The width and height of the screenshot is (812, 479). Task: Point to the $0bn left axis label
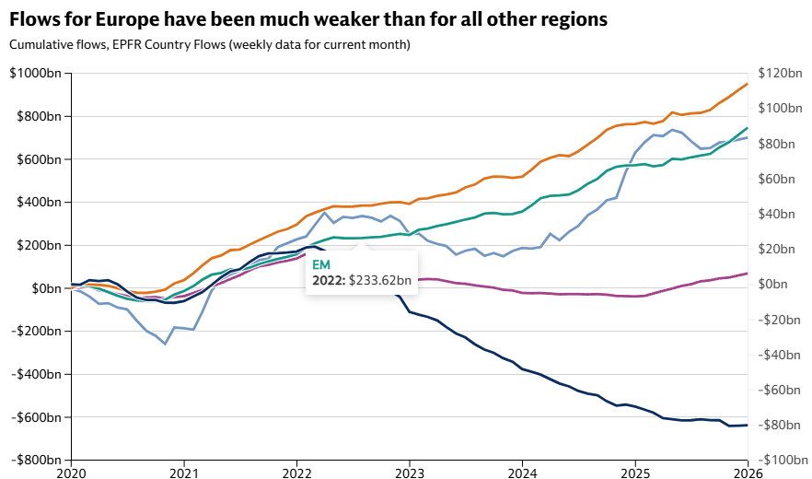pyautogui.click(x=42, y=288)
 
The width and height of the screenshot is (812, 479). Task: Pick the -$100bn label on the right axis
pyautogui.click(x=775, y=460)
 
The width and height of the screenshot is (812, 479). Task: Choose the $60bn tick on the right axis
pyautogui.click(x=773, y=179)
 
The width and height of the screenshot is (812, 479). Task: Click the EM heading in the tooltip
pyautogui.click(x=322, y=264)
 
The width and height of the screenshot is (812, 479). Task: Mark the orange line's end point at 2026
pyautogui.click(x=747, y=84)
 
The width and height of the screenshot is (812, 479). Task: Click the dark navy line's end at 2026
pyautogui.click(x=747, y=425)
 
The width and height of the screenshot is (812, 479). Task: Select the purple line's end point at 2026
pyautogui.click(x=747, y=273)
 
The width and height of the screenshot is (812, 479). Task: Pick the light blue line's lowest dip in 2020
pyautogui.click(x=165, y=344)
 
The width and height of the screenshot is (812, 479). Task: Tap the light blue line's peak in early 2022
pyautogui.click(x=324, y=213)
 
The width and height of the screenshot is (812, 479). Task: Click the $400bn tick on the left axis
pyautogui.click(x=36, y=202)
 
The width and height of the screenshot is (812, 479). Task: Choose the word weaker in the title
pyautogui.click(x=296, y=19)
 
